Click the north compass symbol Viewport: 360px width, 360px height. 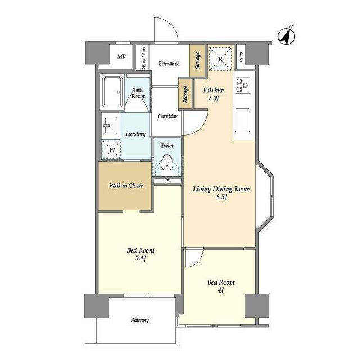(286, 36)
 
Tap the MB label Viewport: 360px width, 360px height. (121, 56)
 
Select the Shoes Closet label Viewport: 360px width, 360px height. (143, 57)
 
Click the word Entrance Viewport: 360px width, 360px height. (169, 64)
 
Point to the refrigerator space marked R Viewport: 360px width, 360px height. (220, 58)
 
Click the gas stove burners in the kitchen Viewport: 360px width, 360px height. (242, 84)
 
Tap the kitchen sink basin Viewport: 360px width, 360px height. (242, 120)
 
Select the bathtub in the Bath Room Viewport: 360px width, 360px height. (112, 92)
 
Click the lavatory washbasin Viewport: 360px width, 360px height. (111, 125)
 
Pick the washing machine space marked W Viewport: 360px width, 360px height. (111, 150)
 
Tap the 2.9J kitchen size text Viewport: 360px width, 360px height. (214, 98)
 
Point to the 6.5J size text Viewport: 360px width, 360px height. (221, 197)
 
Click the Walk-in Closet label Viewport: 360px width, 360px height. (126, 186)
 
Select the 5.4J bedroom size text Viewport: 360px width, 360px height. (141, 259)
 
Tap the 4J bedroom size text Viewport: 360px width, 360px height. (220, 290)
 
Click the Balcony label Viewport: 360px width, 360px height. (140, 320)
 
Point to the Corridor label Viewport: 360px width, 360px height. (168, 116)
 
